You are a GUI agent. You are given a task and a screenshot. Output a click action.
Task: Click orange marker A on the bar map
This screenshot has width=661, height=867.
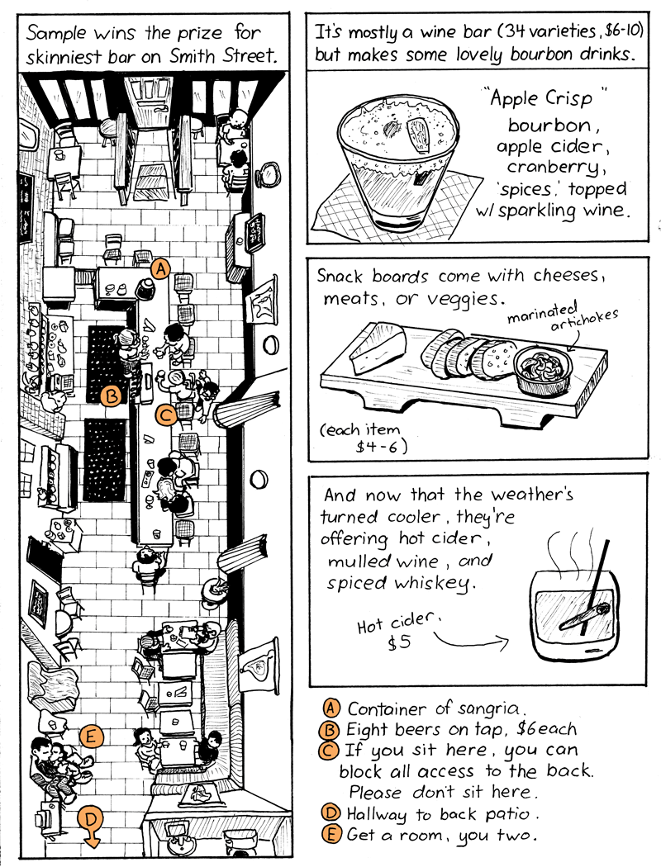[x=160, y=268]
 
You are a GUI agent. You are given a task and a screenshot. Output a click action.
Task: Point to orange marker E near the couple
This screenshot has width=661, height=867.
[x=92, y=735]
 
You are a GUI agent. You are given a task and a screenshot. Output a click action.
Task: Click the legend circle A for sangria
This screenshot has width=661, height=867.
[x=330, y=708]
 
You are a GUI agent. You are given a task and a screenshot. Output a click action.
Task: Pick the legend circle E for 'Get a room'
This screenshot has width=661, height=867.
[x=330, y=833]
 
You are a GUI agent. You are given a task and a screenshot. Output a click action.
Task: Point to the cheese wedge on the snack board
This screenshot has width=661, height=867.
[x=377, y=349]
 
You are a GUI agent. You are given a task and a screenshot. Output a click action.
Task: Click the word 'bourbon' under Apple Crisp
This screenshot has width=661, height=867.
[x=549, y=126]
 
